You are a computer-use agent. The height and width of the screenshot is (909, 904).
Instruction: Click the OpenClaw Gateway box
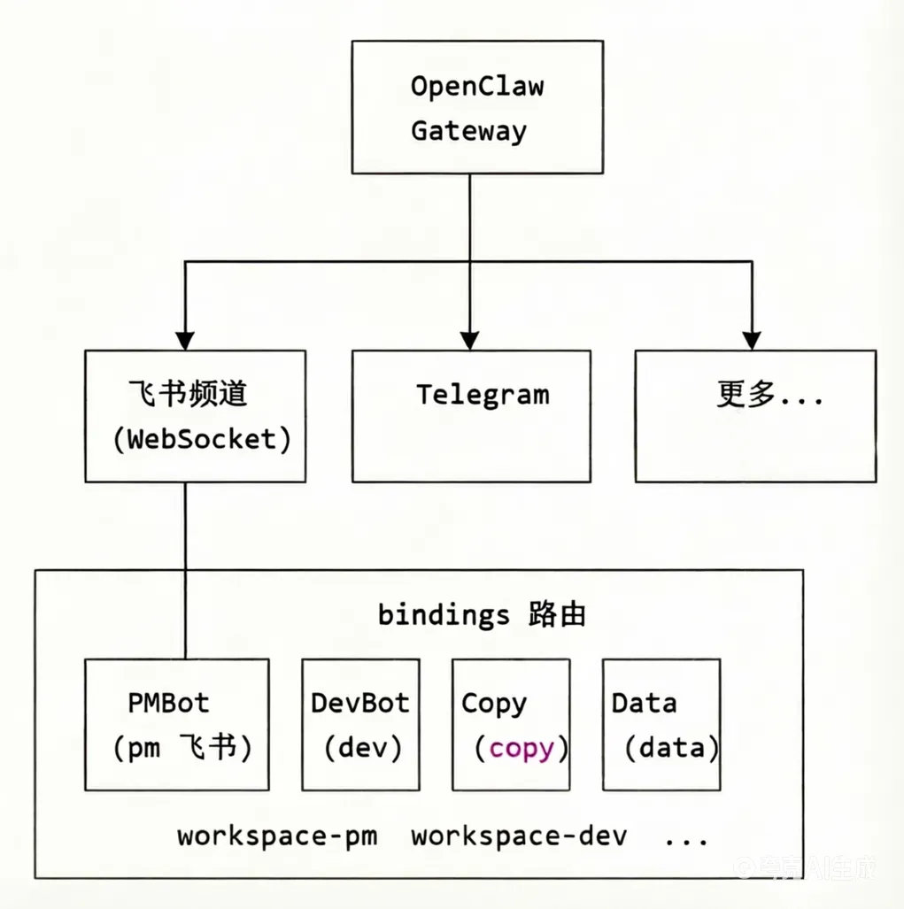(477, 107)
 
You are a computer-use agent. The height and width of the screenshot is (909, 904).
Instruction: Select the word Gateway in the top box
(468, 132)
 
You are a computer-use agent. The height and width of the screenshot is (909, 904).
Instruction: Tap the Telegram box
(471, 416)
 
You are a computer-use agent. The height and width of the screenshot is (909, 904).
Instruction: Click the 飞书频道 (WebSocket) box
(196, 416)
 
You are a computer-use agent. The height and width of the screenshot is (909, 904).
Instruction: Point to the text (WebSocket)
(202, 440)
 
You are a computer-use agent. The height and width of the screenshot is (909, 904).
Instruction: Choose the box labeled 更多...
(755, 416)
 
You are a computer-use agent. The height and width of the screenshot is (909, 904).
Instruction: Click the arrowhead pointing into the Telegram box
(470, 340)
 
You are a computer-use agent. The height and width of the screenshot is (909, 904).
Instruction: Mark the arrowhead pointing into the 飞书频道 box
(185, 340)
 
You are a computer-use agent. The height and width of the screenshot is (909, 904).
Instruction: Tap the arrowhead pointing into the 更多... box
(752, 340)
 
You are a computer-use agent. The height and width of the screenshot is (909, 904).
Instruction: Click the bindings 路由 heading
(483, 614)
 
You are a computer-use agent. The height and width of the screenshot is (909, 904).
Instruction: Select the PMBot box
(177, 724)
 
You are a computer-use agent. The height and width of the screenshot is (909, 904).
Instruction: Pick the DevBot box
(360, 724)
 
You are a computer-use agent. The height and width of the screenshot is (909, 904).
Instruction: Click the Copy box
(511, 724)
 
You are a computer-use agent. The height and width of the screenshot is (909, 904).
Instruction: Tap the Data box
(661, 724)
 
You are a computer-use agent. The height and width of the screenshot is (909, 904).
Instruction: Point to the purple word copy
(522, 749)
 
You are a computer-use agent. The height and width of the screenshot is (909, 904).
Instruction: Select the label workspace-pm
(277, 836)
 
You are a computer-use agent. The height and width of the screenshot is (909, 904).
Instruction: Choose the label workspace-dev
(520, 836)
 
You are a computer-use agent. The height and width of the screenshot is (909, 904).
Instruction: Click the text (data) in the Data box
(671, 749)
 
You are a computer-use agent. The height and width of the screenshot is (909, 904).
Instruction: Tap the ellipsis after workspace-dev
(685, 839)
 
